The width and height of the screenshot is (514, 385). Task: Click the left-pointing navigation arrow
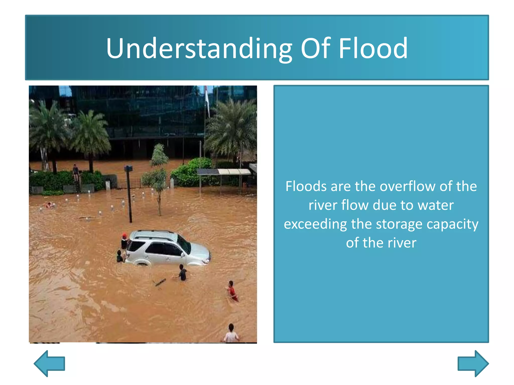(49, 363)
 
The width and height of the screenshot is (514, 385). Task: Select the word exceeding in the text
(315, 224)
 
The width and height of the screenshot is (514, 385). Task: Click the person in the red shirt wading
(232, 291)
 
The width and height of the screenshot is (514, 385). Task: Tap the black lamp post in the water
(129, 193)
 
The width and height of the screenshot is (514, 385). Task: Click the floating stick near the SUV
(160, 282)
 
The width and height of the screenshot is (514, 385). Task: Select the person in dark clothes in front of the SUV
(183, 273)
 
